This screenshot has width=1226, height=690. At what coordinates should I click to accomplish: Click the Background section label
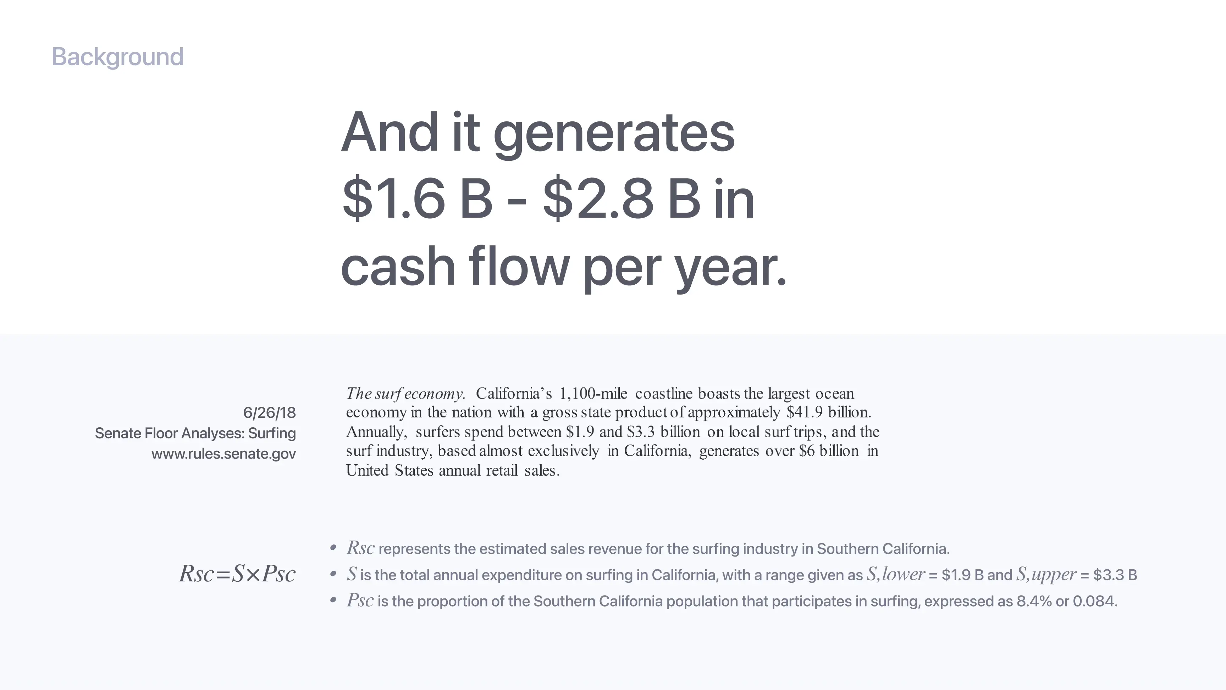click(x=117, y=57)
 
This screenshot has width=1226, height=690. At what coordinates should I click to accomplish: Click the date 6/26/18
click(x=269, y=412)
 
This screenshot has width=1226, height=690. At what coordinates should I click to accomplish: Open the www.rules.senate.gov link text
click(x=224, y=454)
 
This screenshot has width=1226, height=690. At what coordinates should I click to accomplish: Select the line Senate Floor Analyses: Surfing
click(x=195, y=433)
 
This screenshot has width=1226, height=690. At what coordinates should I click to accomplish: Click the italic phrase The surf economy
click(x=405, y=394)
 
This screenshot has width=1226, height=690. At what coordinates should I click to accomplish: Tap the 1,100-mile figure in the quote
click(x=593, y=394)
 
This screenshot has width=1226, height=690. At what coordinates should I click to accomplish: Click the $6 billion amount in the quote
click(x=829, y=451)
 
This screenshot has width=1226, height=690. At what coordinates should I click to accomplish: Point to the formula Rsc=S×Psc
click(x=237, y=574)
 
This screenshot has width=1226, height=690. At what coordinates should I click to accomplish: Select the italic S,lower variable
click(x=896, y=575)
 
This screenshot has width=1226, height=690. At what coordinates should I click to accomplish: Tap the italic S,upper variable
click(x=1046, y=575)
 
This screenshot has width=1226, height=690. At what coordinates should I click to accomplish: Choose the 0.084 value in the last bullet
click(x=1095, y=601)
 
